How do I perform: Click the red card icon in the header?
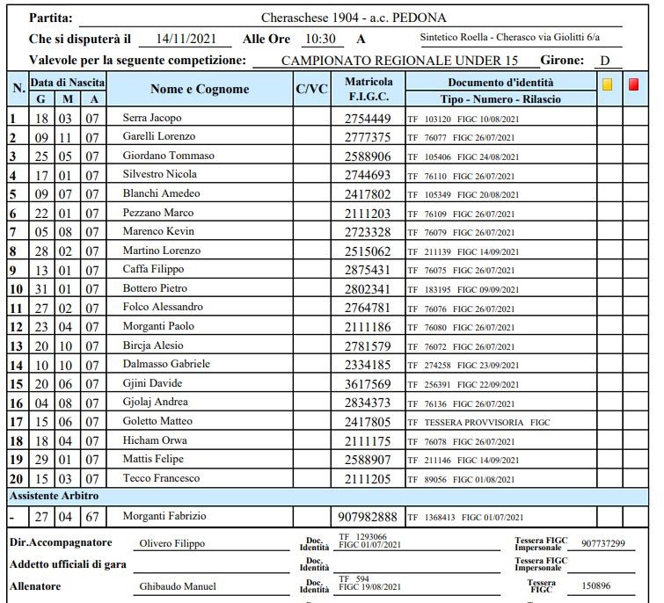[633, 85]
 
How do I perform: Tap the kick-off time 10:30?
[318, 40]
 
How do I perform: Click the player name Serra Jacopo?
[152, 118]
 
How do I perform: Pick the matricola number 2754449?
[367, 118]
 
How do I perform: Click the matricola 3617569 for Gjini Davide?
[367, 383]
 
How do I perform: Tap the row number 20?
[16, 479]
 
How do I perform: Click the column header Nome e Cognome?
[200, 90]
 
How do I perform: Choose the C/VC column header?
[311, 90]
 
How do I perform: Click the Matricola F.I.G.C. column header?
[368, 88]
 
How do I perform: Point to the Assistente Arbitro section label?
[54, 497]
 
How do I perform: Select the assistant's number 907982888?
[368, 516]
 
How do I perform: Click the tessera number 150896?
[595, 585]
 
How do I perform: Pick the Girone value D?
[605, 61]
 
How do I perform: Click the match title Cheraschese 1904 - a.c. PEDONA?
[353, 18]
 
